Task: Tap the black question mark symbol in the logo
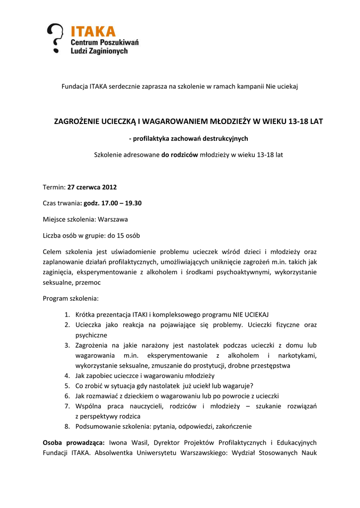click(56, 37)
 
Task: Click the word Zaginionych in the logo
click(109, 51)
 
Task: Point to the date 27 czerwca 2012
click(92, 188)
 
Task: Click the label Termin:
click(54, 188)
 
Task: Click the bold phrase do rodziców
click(179, 154)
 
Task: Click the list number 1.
click(67, 315)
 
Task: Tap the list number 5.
click(67, 385)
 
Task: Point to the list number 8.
click(67, 426)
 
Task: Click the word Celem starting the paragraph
click(53, 252)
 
